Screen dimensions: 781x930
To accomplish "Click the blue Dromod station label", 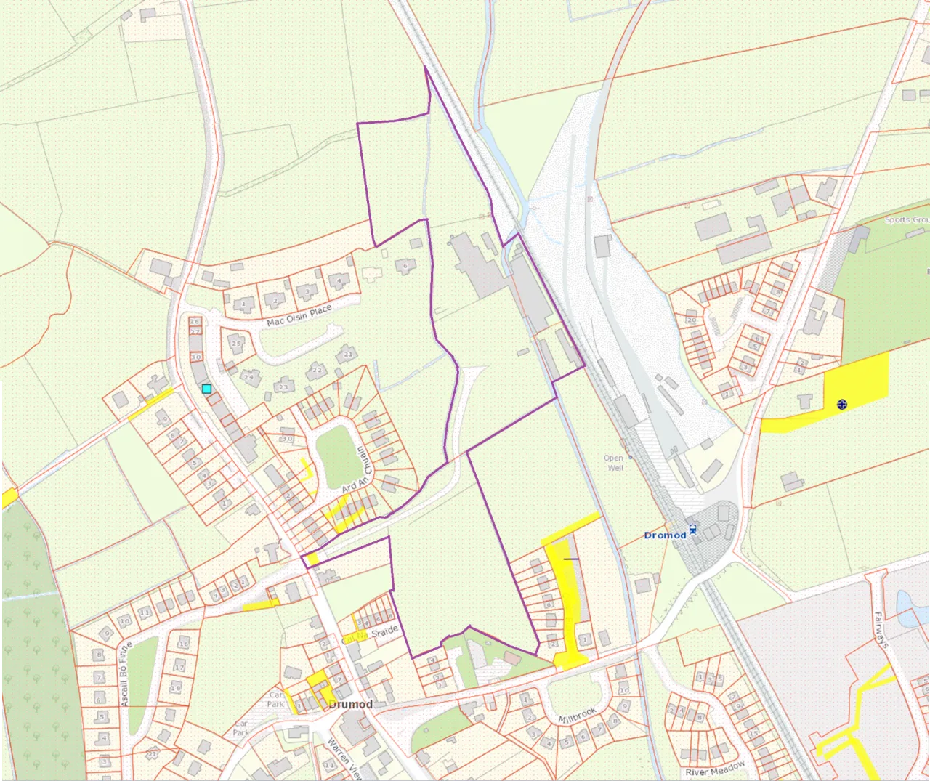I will point(665,535).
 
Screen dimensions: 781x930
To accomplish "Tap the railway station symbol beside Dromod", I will point(693,531).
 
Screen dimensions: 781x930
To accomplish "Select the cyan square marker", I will point(207,389).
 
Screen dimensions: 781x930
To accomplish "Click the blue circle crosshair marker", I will point(842,404).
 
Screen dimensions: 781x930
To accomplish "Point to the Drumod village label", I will point(350,705).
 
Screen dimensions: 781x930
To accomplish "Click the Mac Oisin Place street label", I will point(299,315).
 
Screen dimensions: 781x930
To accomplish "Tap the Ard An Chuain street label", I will point(358,471).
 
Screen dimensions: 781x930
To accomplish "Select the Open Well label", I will point(614,463).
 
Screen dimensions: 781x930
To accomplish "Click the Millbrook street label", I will point(577,715).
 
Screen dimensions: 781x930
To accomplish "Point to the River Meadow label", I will point(715,769).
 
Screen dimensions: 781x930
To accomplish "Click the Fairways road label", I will point(881,630).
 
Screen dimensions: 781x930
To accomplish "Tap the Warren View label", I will point(343,758).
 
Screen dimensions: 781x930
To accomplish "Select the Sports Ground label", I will point(906,219).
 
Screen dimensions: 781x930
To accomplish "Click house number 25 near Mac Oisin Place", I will point(236,344).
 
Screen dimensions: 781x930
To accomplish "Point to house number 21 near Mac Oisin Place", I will point(349,354).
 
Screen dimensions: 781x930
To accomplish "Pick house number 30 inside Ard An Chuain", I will point(287,439).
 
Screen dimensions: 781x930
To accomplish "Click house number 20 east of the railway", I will point(691,320).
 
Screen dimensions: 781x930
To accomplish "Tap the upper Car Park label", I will point(275,699).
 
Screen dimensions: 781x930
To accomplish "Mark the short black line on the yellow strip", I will point(571,559).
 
